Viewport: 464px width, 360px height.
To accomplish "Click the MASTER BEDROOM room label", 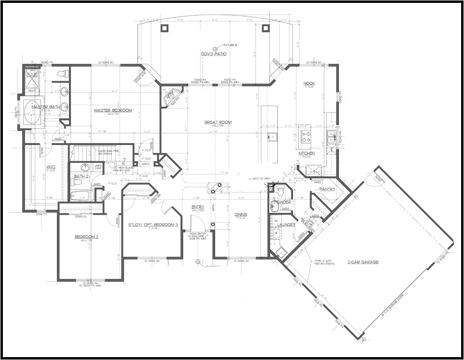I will tap(113, 110).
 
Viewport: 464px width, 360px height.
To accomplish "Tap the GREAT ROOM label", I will tap(217, 122).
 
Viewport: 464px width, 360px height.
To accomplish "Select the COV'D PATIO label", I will tap(214, 54).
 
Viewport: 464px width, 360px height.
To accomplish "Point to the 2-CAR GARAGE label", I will tap(362, 261).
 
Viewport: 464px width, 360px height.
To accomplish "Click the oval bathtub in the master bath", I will tap(33, 113).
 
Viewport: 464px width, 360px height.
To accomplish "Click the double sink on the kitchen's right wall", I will tap(331, 137).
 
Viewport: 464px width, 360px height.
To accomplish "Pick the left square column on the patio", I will tap(164, 28).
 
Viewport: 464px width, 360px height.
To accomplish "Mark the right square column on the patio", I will tap(265, 28).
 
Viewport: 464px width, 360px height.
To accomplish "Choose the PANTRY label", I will tap(327, 189).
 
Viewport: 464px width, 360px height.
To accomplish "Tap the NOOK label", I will tap(309, 84).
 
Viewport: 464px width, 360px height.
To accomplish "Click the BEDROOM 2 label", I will tap(87, 236).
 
